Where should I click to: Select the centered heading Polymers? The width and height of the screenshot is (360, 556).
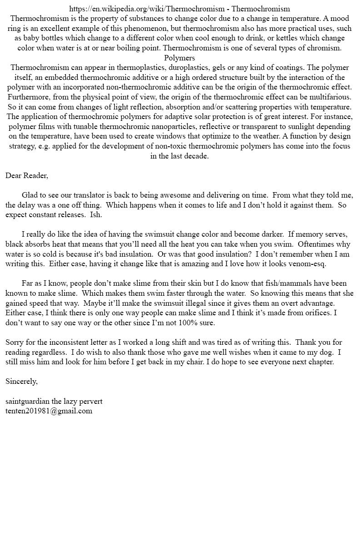click(x=180, y=58)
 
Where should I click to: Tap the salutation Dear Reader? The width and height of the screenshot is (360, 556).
click(x=26, y=175)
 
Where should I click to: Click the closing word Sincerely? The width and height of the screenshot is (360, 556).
click(x=21, y=381)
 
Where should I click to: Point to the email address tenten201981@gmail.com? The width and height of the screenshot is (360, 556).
click(x=49, y=411)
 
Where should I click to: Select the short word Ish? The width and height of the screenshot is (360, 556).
click(x=96, y=214)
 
